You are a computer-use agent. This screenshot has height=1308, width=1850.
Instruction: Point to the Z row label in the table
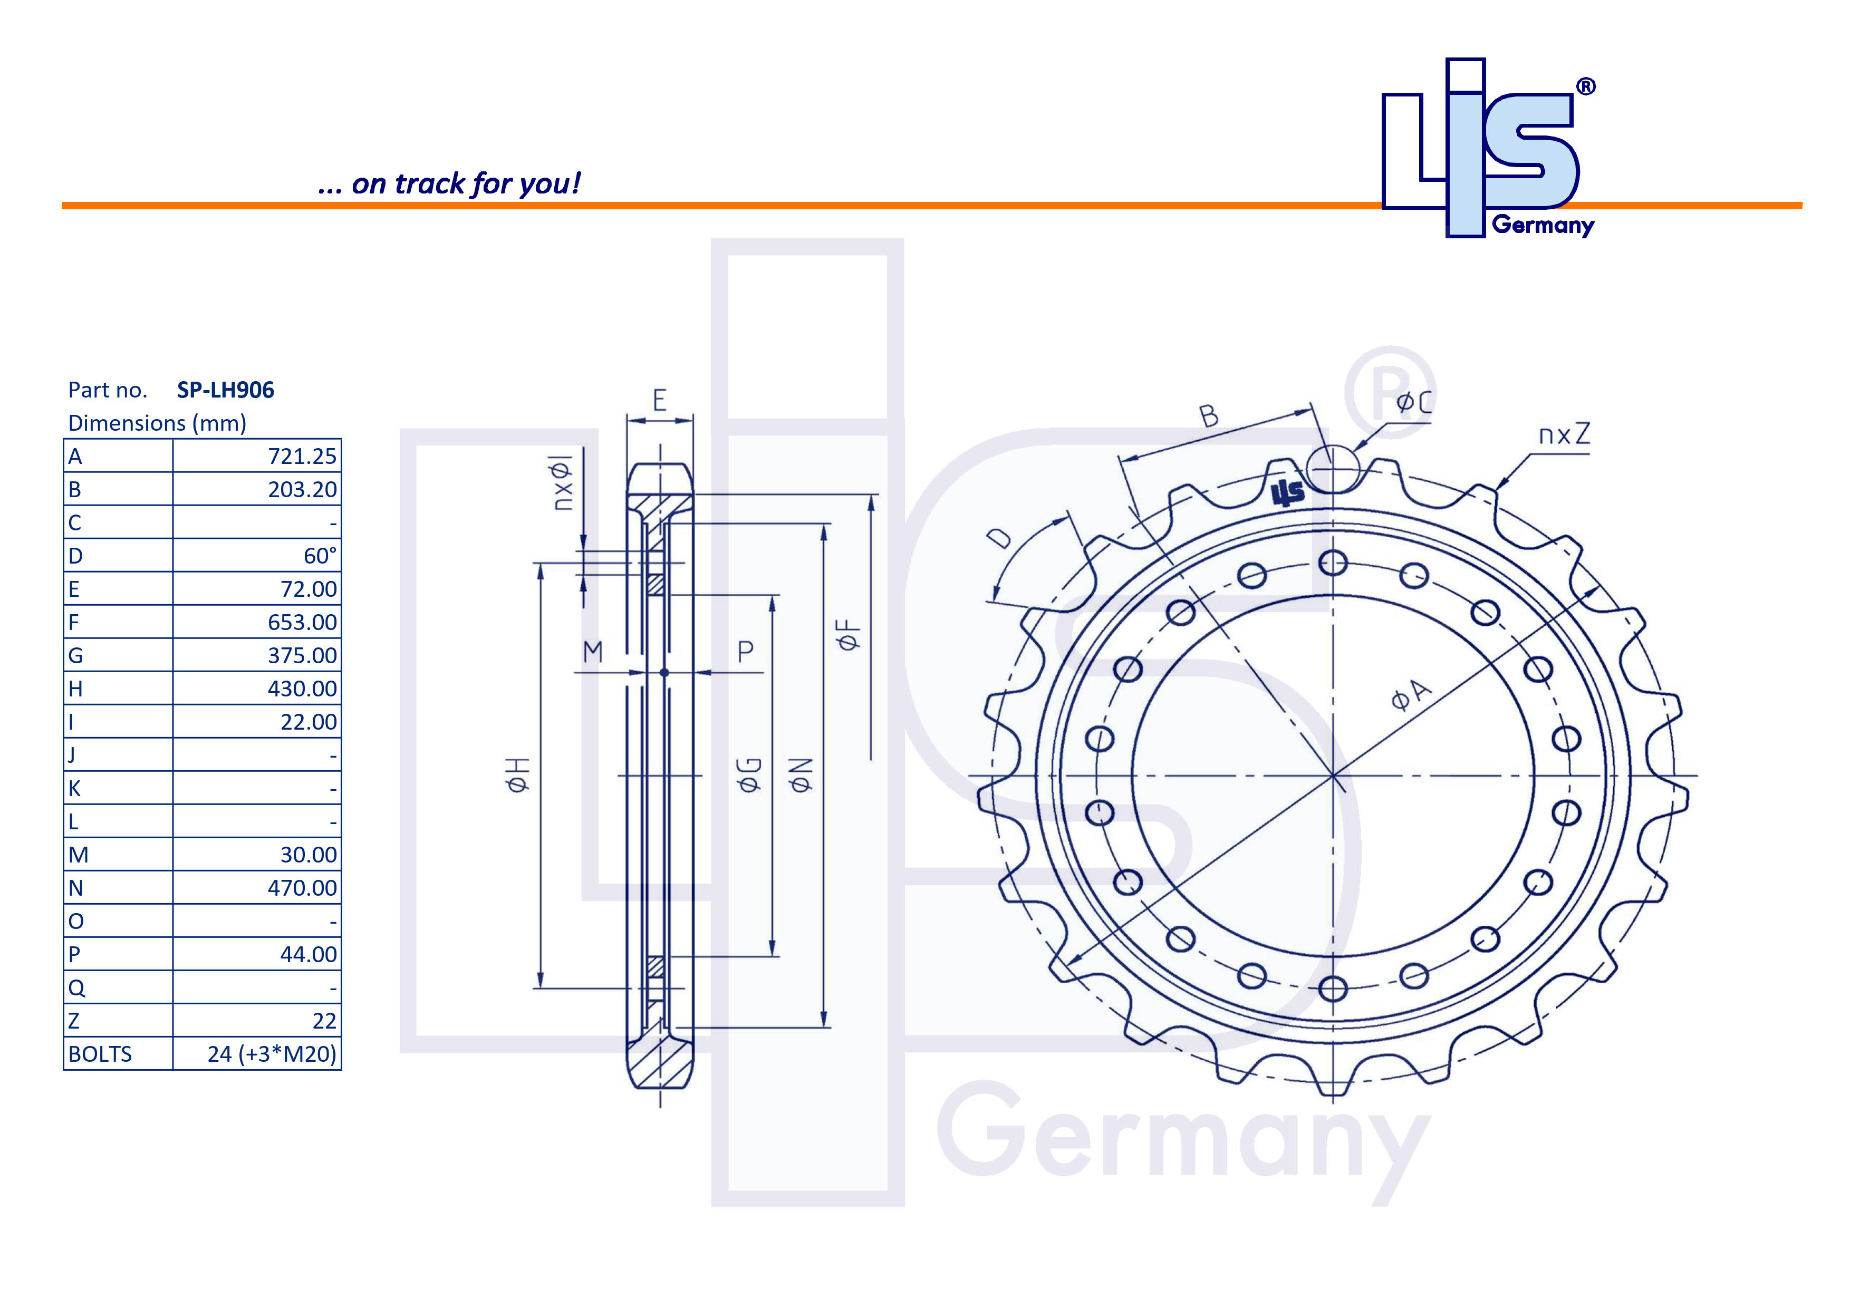tap(74, 1021)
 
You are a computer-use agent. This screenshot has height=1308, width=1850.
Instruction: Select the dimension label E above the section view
tap(659, 400)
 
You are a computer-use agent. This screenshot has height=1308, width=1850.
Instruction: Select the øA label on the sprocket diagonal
tap(1411, 694)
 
